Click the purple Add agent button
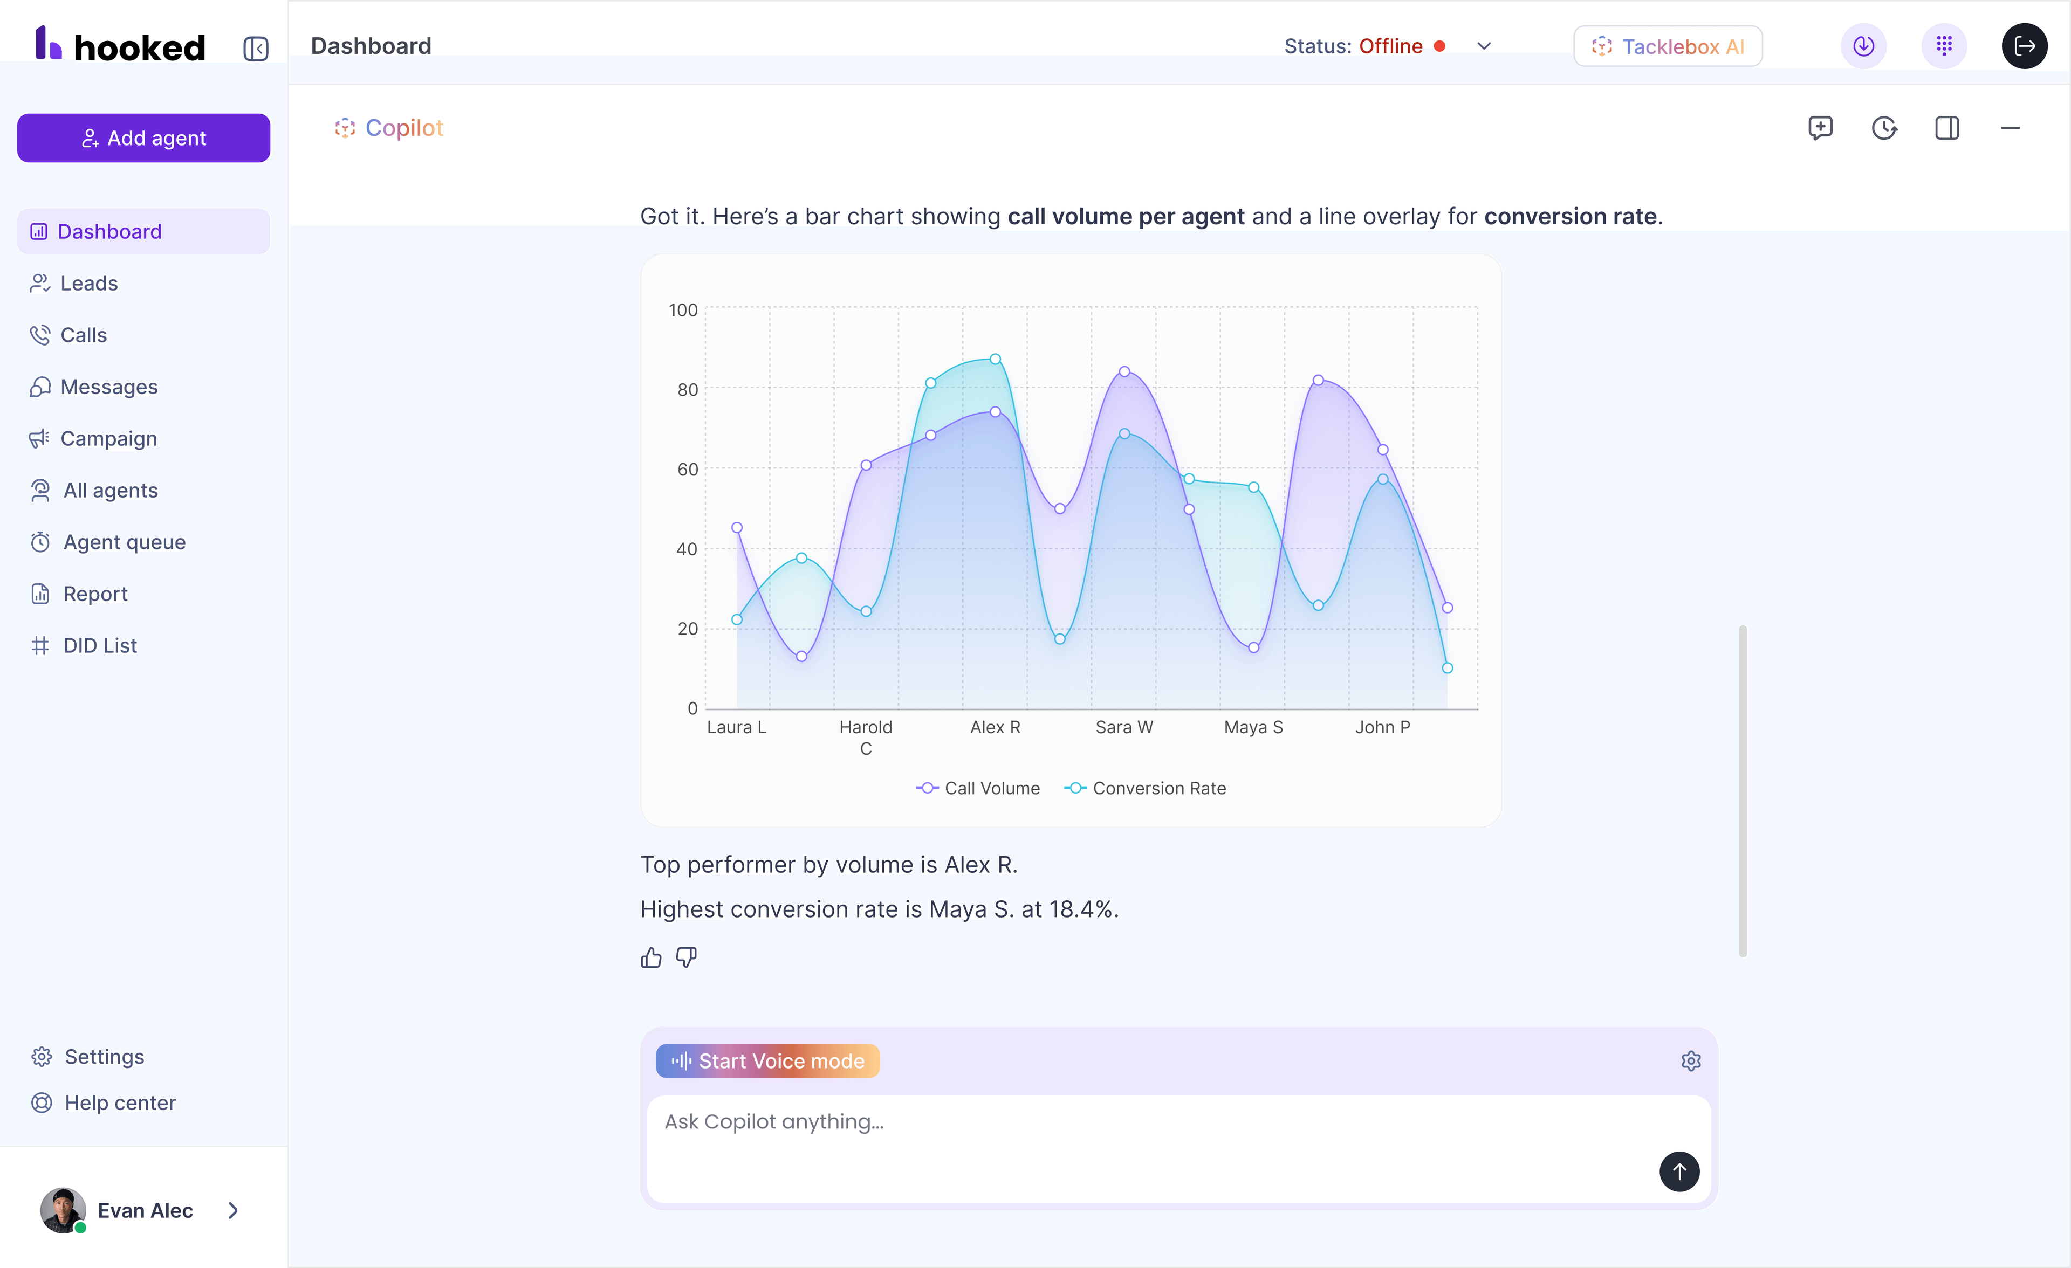click(x=143, y=138)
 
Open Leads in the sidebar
click(x=88, y=283)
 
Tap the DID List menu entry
click(x=99, y=645)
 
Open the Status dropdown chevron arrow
click(x=1484, y=46)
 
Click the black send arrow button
click(x=1678, y=1171)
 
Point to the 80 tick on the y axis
click(x=688, y=389)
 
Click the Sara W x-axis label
click(x=1124, y=727)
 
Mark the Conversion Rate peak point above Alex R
click(x=995, y=359)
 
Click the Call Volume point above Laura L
click(x=737, y=528)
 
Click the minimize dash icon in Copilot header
click(x=2010, y=128)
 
